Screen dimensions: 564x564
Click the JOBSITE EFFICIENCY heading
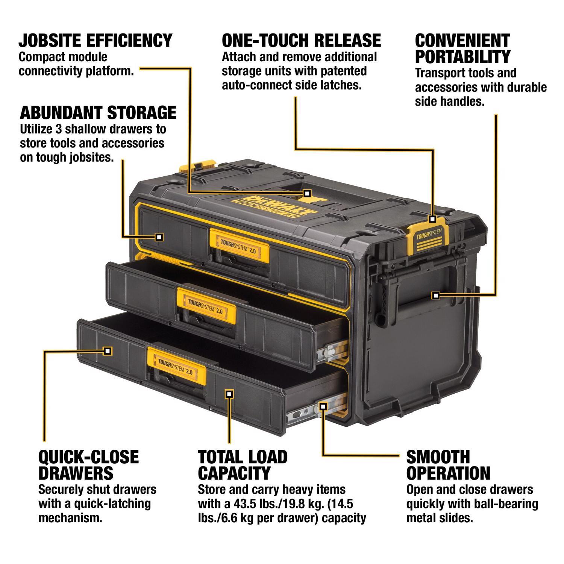pos(96,40)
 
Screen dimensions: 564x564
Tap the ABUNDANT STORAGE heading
pos(98,112)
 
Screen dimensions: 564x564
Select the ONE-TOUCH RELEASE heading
pos(301,40)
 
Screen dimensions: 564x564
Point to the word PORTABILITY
pos(462,57)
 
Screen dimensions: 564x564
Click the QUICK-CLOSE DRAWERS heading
pos(88,465)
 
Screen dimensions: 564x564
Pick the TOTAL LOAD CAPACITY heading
pos(243,465)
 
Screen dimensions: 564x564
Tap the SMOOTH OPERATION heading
pos(448,465)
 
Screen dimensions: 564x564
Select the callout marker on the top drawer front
pos(159,237)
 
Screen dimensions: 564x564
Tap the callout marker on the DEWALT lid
pos(307,193)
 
